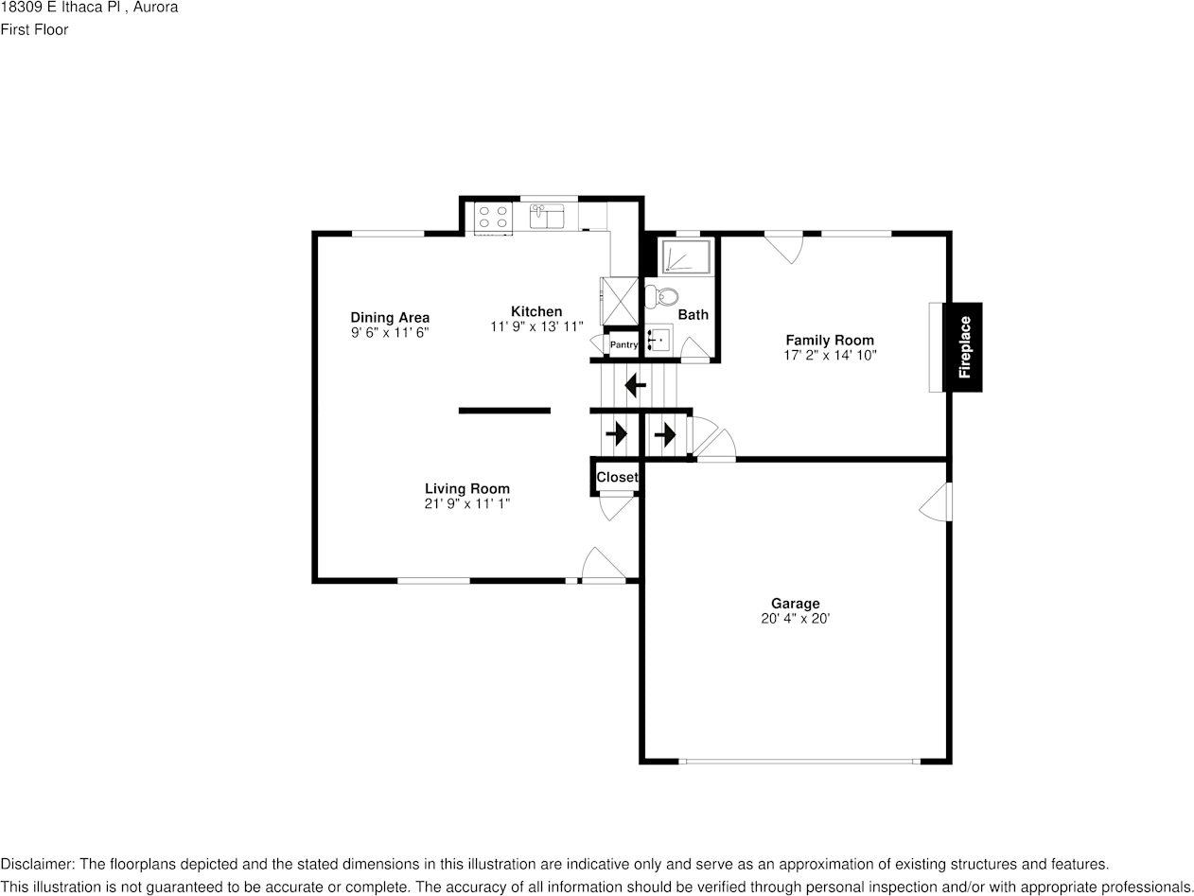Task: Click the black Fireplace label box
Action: (963, 346)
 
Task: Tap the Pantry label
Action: (623, 345)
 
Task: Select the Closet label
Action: (617, 478)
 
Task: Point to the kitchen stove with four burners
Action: (492, 217)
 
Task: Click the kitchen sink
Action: (546, 217)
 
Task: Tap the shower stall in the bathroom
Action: (685, 257)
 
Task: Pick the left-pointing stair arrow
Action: (635, 386)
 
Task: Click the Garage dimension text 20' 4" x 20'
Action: (795, 619)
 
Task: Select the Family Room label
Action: (830, 341)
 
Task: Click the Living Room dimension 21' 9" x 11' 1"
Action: (466, 504)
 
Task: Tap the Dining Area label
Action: (390, 318)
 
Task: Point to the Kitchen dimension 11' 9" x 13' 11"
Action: (536, 327)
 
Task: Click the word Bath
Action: (693, 315)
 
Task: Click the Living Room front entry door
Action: (602, 566)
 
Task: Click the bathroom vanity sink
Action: (658, 338)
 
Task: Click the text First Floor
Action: (34, 29)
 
